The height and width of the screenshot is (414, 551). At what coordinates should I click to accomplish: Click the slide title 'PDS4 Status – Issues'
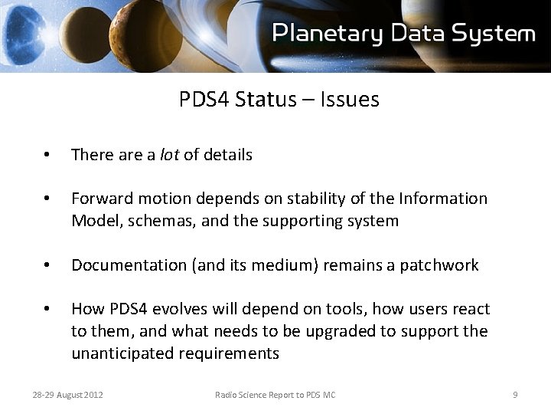(x=279, y=100)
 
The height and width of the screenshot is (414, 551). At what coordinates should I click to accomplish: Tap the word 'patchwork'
(x=442, y=265)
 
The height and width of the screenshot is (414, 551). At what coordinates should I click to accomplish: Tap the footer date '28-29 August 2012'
(x=68, y=395)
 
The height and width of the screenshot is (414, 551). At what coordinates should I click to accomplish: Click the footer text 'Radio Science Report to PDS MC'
(x=275, y=395)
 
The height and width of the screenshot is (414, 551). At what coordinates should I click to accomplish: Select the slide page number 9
(x=515, y=395)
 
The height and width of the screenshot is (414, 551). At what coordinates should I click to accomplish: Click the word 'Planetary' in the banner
(x=328, y=34)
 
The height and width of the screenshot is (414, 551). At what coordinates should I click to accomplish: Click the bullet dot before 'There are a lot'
(x=47, y=156)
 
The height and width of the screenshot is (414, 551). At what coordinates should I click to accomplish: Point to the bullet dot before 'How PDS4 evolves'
(x=47, y=310)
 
